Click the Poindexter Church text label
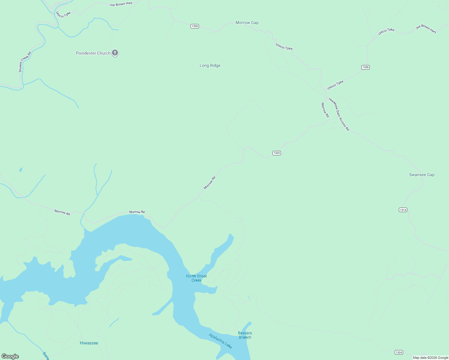coord(93,53)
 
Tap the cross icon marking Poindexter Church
coord(115,53)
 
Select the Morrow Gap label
coord(247,23)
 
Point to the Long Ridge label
coord(210,66)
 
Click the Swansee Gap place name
coord(422,175)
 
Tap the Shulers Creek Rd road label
coord(25,62)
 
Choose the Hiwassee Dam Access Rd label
coord(339,114)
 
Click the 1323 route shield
coord(276,153)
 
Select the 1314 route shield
coord(403,210)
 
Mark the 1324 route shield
coord(399,352)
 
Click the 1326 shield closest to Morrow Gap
coord(195,26)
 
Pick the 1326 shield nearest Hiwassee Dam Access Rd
coord(365,67)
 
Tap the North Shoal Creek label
coord(196,278)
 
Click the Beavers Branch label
coord(245,335)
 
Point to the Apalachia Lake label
coord(221,341)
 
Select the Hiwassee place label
coord(89,343)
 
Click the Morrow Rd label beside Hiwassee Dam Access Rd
coord(325,110)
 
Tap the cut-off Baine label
coord(46,356)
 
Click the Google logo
coord(10,356)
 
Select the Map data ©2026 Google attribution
coord(430,358)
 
